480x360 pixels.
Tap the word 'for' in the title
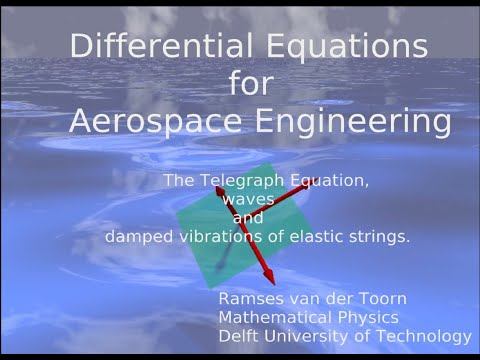coord(249,84)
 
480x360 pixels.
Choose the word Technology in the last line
coord(424,337)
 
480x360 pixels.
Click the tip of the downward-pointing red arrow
coord(271,283)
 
